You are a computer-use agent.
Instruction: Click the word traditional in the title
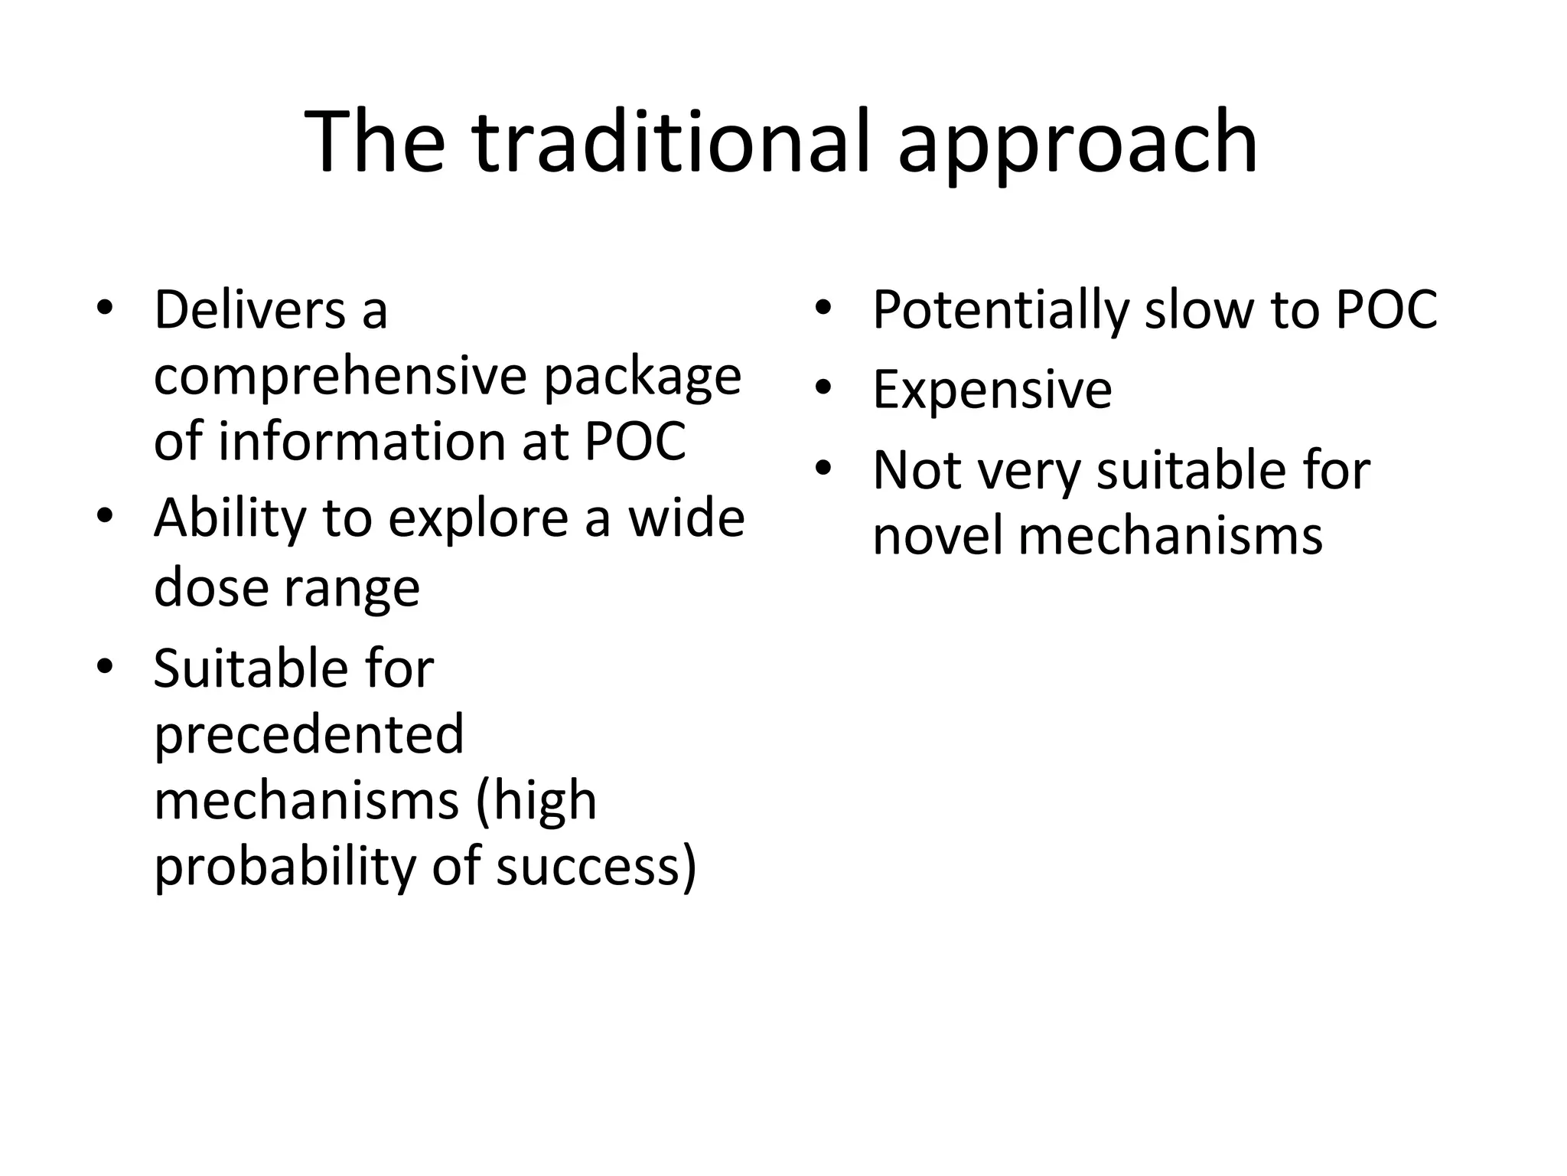coord(671,142)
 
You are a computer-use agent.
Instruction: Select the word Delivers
coord(249,310)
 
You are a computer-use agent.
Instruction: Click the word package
coord(642,377)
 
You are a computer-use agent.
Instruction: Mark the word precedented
coord(308,734)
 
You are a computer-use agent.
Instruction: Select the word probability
coord(285,867)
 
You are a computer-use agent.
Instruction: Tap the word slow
coord(1201,310)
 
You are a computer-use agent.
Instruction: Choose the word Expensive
coord(992,390)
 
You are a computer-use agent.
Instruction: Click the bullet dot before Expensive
coord(823,388)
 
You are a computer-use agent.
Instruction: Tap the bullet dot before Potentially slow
coord(823,309)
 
